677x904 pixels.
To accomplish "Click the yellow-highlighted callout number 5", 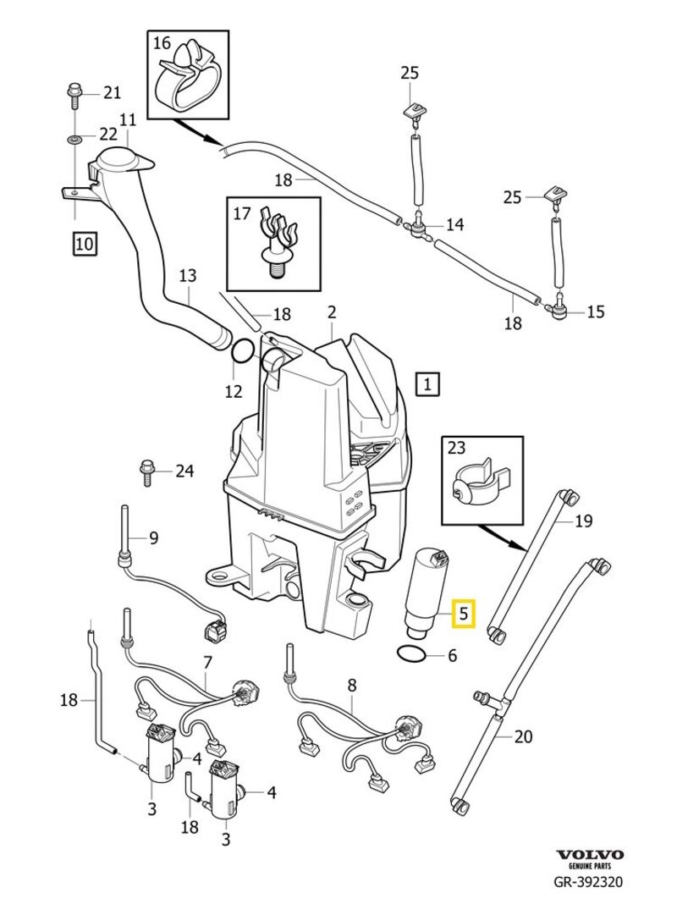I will click(465, 613).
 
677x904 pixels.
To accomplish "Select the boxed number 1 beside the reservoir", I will click(427, 385).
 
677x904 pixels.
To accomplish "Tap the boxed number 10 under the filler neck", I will click(85, 245).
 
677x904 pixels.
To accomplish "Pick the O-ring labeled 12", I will click(241, 350).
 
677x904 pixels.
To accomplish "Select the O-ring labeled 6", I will click(410, 654).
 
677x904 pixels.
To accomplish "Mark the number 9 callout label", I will click(153, 537).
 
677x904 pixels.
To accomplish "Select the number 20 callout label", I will click(523, 736).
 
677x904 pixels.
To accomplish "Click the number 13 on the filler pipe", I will click(188, 276).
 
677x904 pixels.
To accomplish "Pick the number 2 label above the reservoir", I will click(332, 312).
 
